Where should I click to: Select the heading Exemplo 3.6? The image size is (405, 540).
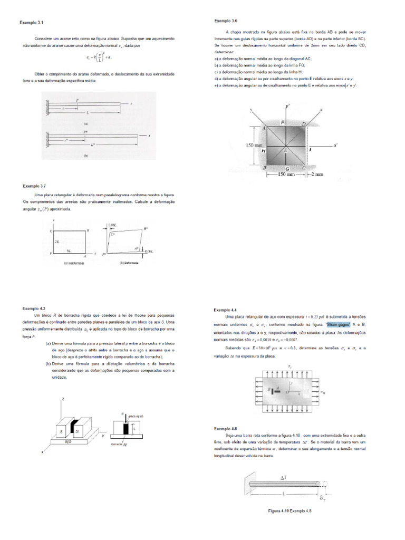click(226, 21)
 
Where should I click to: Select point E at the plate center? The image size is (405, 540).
click(286, 150)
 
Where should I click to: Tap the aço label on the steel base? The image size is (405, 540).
click(67, 442)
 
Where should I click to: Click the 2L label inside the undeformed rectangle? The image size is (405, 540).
click(55, 241)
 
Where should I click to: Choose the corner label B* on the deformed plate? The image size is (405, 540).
click(146, 229)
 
